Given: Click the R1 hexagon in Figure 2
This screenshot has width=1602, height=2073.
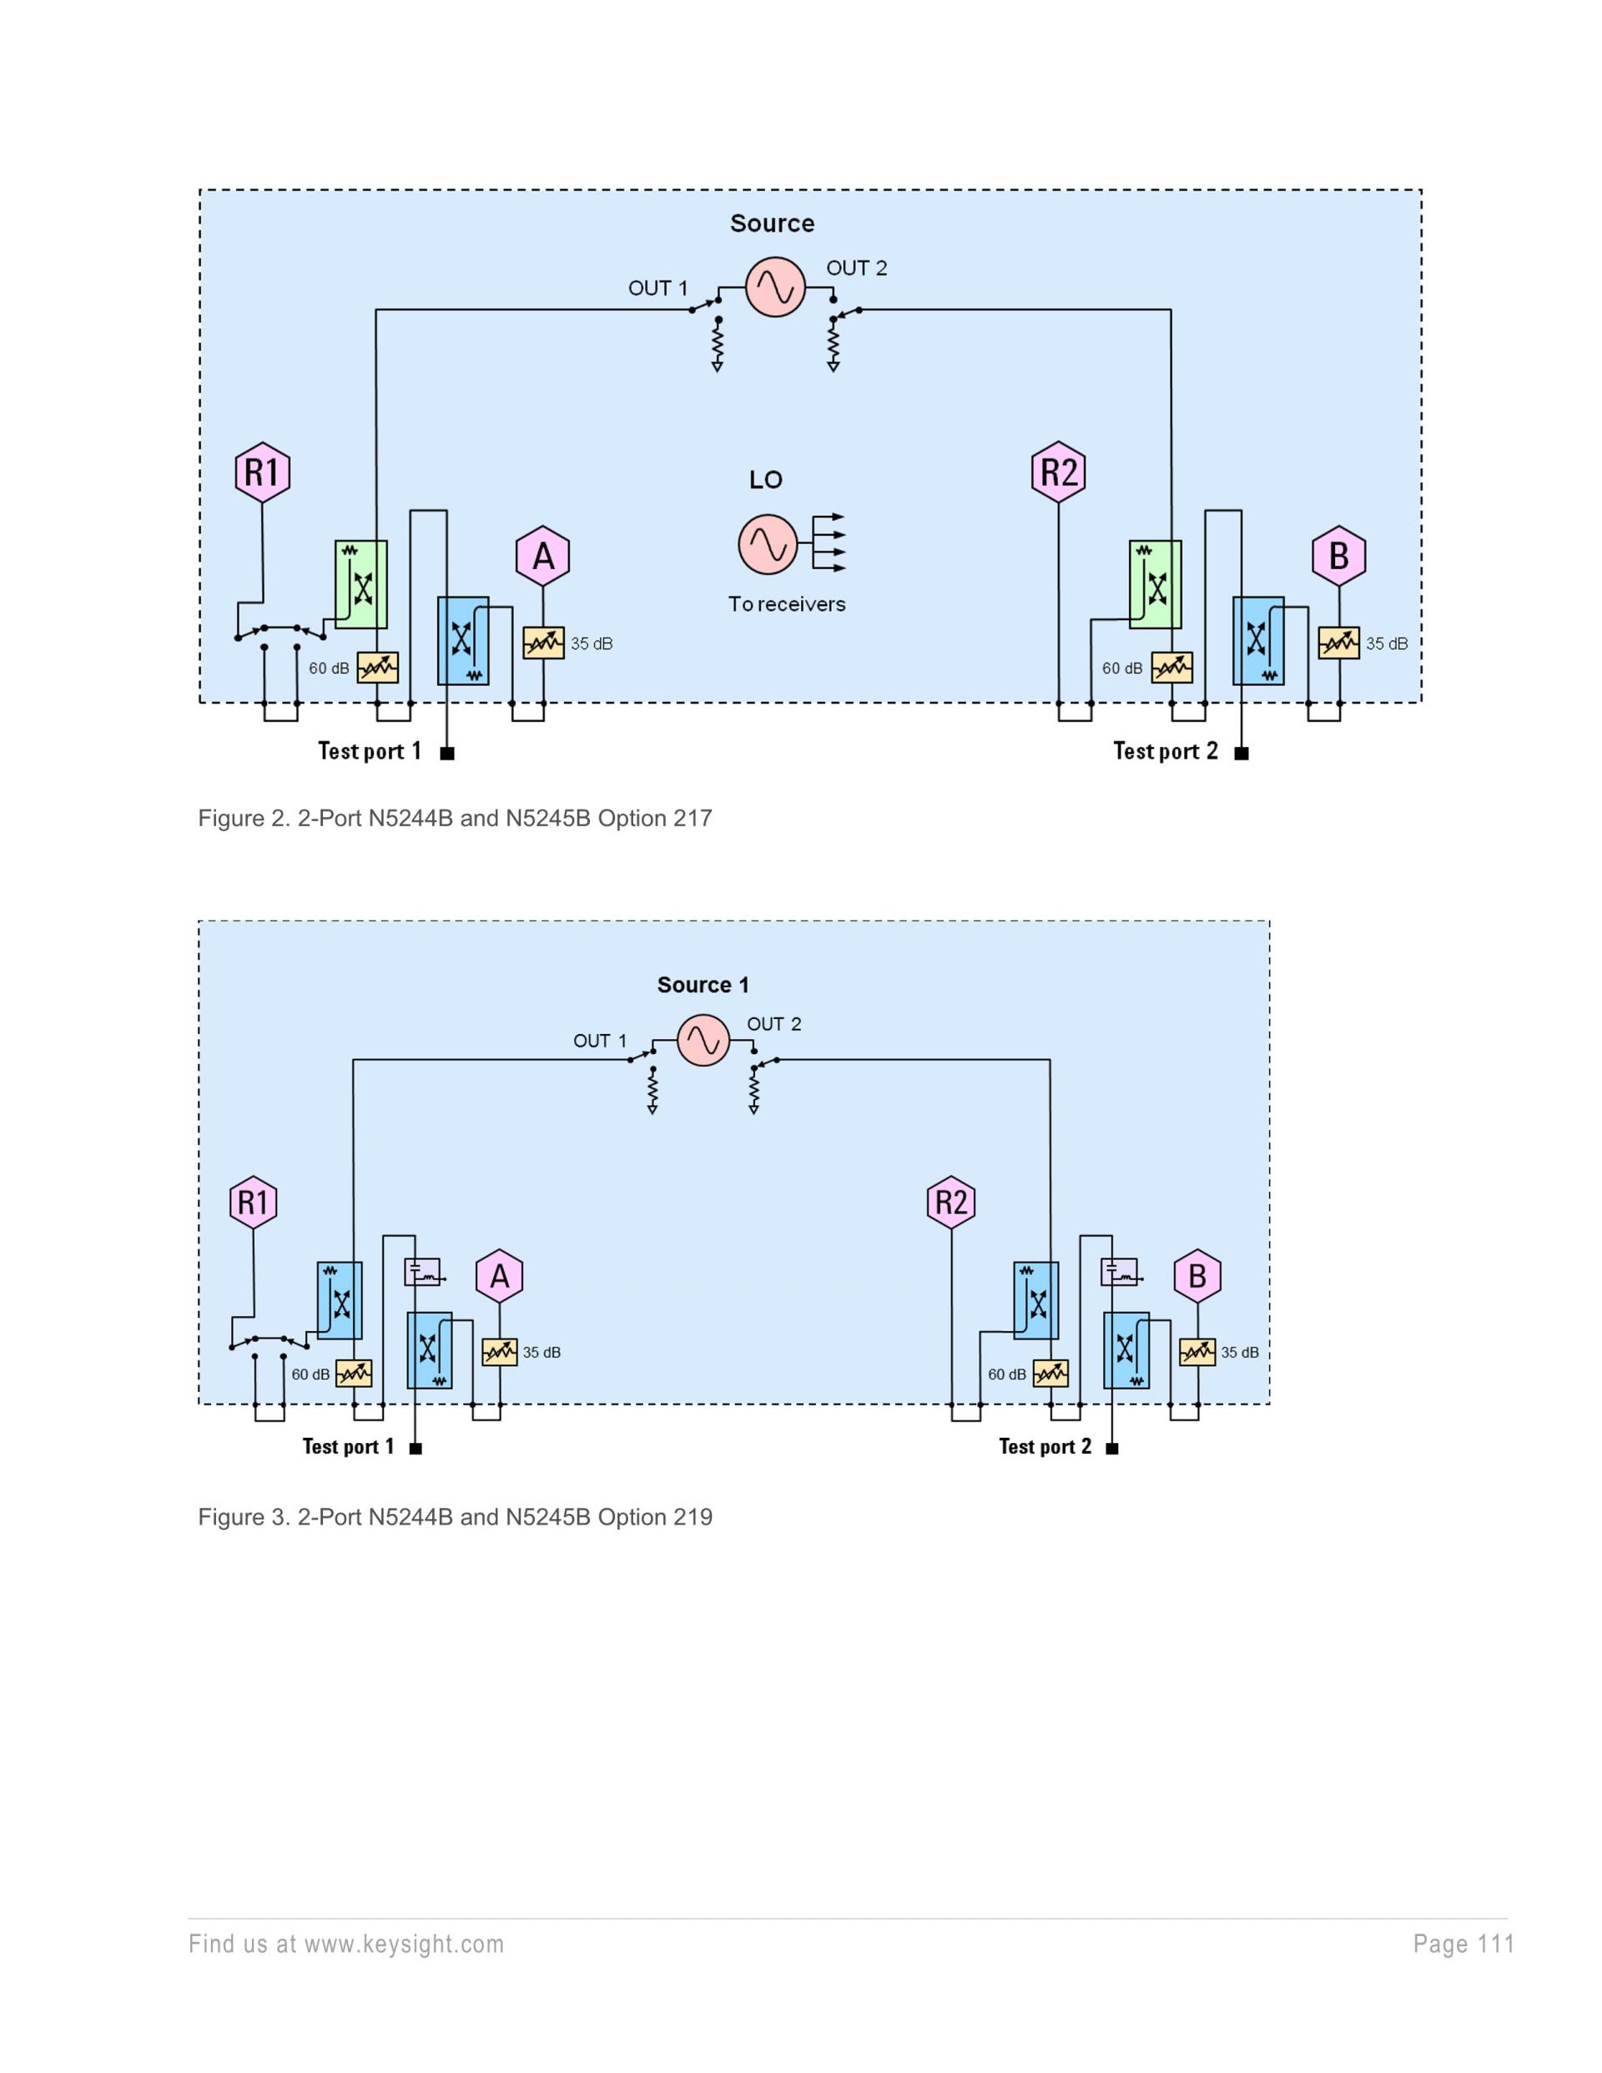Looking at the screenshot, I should click(x=262, y=472).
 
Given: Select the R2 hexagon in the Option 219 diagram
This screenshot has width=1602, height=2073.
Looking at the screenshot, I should click(x=951, y=1203).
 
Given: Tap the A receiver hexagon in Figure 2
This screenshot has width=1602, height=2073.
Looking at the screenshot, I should click(x=543, y=556).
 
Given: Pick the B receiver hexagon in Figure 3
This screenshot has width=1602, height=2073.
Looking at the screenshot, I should click(x=1196, y=1277).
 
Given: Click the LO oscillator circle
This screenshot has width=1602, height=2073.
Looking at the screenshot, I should click(x=768, y=545).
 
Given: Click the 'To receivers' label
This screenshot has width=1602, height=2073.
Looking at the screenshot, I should click(x=787, y=604).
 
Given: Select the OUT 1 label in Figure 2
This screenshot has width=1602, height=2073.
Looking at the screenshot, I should click(x=657, y=289).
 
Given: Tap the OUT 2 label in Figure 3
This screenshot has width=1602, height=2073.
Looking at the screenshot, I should click(x=773, y=1024).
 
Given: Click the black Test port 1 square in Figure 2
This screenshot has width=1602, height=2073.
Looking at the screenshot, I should click(x=448, y=754).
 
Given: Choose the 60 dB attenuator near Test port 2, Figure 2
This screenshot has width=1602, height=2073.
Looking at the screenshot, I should click(x=1171, y=668).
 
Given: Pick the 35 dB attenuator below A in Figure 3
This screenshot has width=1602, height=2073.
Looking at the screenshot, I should click(x=499, y=1352).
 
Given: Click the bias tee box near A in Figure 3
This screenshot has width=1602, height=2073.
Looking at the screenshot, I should click(x=422, y=1272).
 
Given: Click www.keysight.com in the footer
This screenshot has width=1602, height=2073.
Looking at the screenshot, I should click(x=405, y=1944).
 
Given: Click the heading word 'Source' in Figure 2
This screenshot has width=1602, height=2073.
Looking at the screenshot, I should click(x=772, y=224).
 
